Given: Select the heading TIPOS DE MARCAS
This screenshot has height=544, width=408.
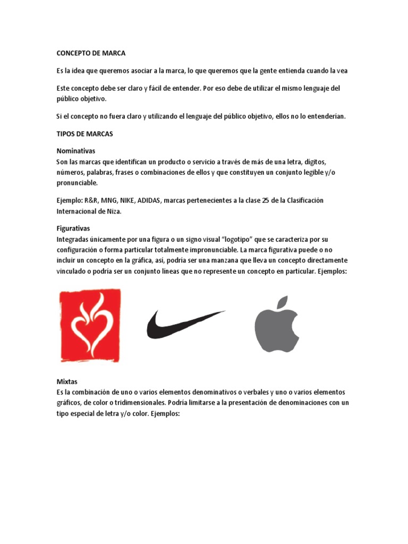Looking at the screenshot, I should click(84, 134).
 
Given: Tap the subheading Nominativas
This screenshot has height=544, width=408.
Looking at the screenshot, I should click(76, 151).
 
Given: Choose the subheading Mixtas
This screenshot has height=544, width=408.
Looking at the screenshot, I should click(67, 382).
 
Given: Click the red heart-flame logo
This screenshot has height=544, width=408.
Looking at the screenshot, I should click(90, 325).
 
